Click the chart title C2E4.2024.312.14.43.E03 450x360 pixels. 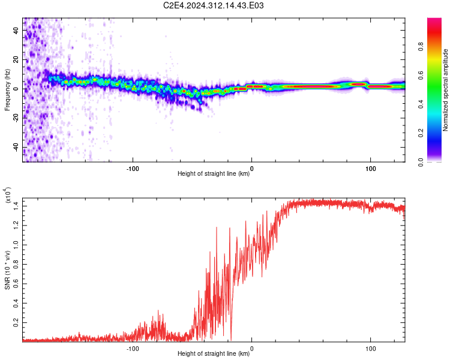click(213, 5)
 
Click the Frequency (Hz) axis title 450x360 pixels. click(7, 90)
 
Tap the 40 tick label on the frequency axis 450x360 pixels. click(16, 31)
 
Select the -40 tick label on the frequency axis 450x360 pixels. click(16, 148)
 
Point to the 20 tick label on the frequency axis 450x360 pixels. click(16, 60)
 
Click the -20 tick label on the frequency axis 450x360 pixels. click(16, 119)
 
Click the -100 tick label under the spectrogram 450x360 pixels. click(133, 169)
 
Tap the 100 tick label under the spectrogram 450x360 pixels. click(371, 169)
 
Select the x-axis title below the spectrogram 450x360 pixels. click(214, 173)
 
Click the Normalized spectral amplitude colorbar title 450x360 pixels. click(445, 90)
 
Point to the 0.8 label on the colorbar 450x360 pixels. click(421, 47)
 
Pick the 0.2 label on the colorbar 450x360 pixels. click(421, 133)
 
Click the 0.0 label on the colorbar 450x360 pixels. click(421, 163)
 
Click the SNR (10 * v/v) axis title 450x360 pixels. click(7, 270)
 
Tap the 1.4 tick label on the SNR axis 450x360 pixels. click(16, 206)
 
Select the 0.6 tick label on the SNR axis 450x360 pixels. click(16, 284)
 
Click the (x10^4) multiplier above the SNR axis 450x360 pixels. click(8, 196)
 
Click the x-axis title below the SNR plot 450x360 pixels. click(214, 353)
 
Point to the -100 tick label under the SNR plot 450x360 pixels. click(133, 349)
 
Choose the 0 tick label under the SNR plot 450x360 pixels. click(251, 349)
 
